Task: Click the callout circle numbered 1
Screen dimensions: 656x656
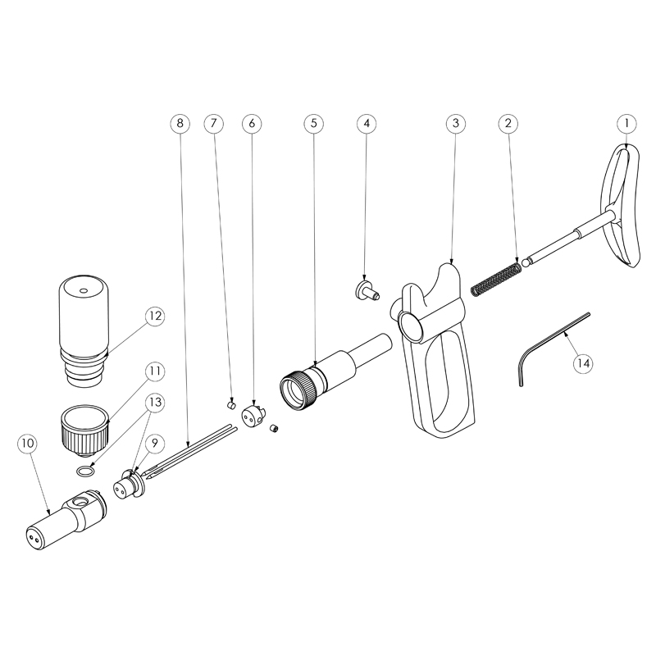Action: (626, 123)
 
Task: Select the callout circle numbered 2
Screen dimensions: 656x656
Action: (509, 123)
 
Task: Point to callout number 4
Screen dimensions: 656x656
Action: (367, 123)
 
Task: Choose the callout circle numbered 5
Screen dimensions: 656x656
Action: (312, 123)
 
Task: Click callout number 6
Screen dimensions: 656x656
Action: (252, 123)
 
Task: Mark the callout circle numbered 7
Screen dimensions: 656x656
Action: (212, 123)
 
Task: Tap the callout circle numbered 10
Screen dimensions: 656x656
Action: (27, 444)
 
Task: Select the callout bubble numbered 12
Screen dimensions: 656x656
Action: (155, 317)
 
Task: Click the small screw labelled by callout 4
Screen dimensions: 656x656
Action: (363, 289)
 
